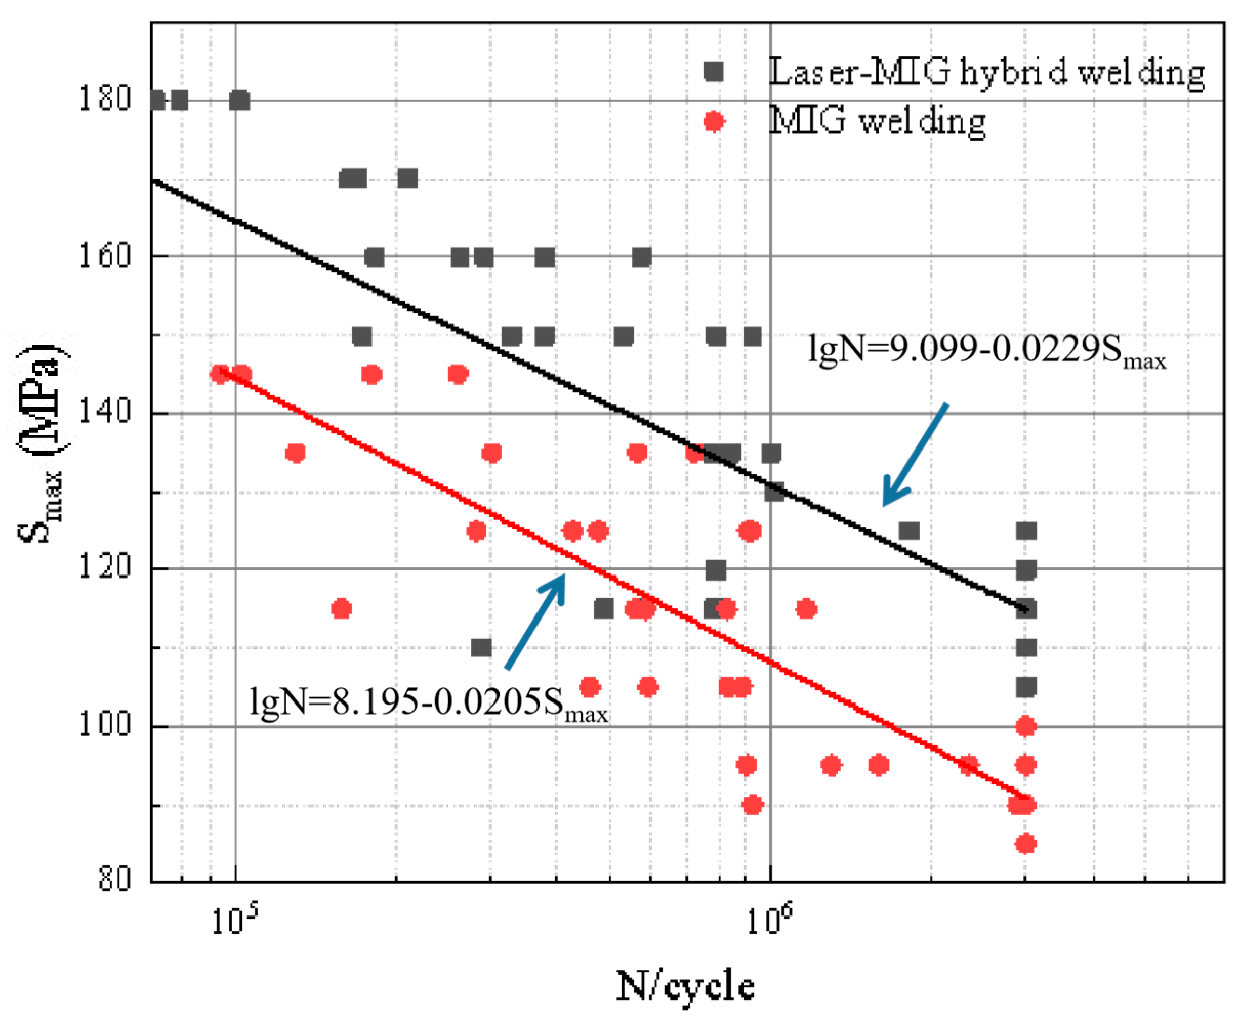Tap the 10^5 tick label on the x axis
pyautogui.click(x=234, y=920)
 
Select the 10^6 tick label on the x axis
pyautogui.click(x=769, y=920)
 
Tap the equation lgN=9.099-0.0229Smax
pyautogui.click(x=986, y=351)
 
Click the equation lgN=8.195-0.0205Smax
pyautogui.click(x=427, y=702)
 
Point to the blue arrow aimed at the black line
pyautogui.click(x=914, y=454)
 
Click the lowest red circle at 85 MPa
pyautogui.click(x=1025, y=843)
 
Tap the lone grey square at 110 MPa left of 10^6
pyautogui.click(x=481, y=648)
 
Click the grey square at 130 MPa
pyautogui.click(x=774, y=492)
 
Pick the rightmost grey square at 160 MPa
pyautogui.click(x=642, y=258)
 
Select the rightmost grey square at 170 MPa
pyautogui.click(x=407, y=178)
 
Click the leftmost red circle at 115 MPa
pyautogui.click(x=341, y=609)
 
